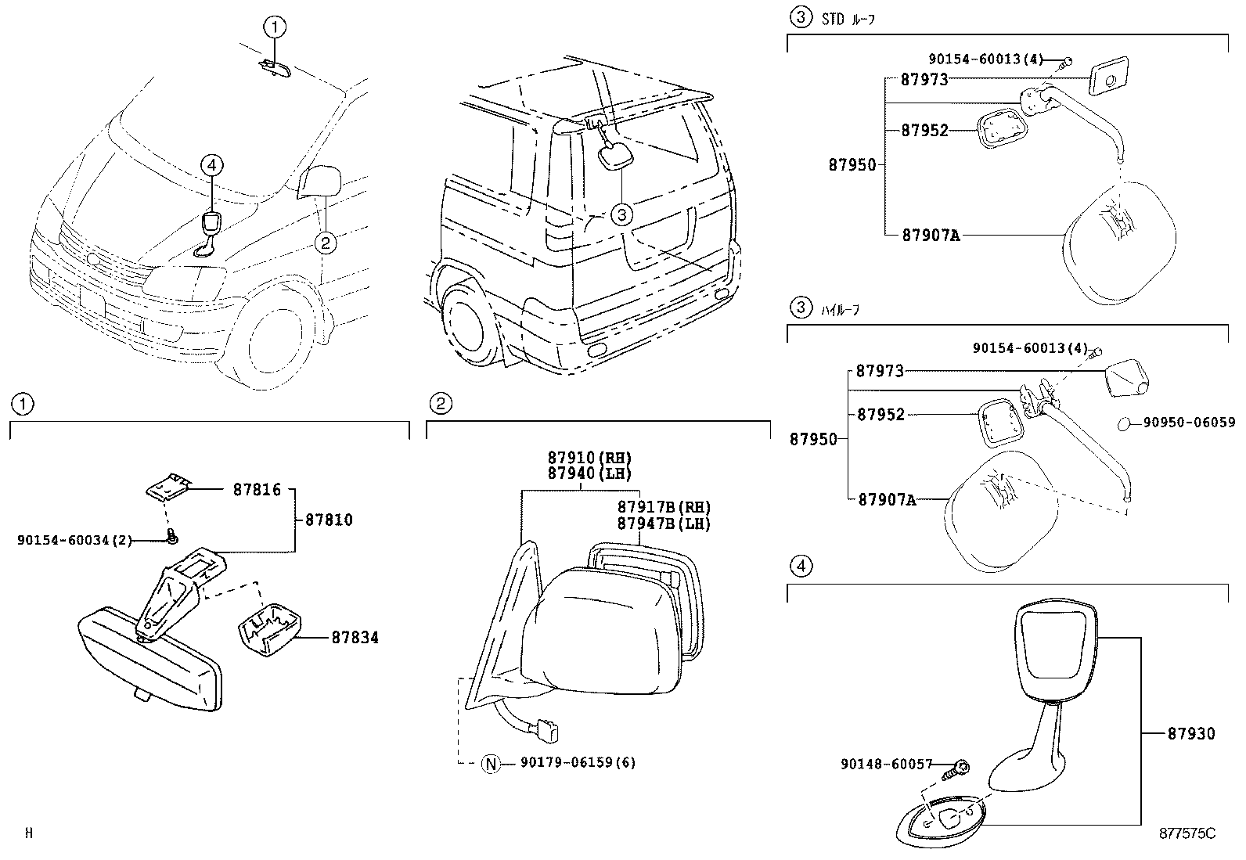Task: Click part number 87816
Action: tap(257, 491)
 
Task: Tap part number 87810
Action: tap(329, 520)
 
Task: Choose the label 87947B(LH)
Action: tap(664, 524)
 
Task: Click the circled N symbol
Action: tap(491, 763)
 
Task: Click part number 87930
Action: tap(1191, 733)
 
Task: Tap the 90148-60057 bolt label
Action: tap(888, 764)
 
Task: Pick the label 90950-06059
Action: tap(1188, 423)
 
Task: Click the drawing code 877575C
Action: tap(1187, 833)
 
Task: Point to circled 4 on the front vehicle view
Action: tap(211, 165)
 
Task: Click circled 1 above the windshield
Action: tap(275, 28)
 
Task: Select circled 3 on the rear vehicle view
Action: tap(621, 213)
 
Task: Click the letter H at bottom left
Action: tap(29, 833)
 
